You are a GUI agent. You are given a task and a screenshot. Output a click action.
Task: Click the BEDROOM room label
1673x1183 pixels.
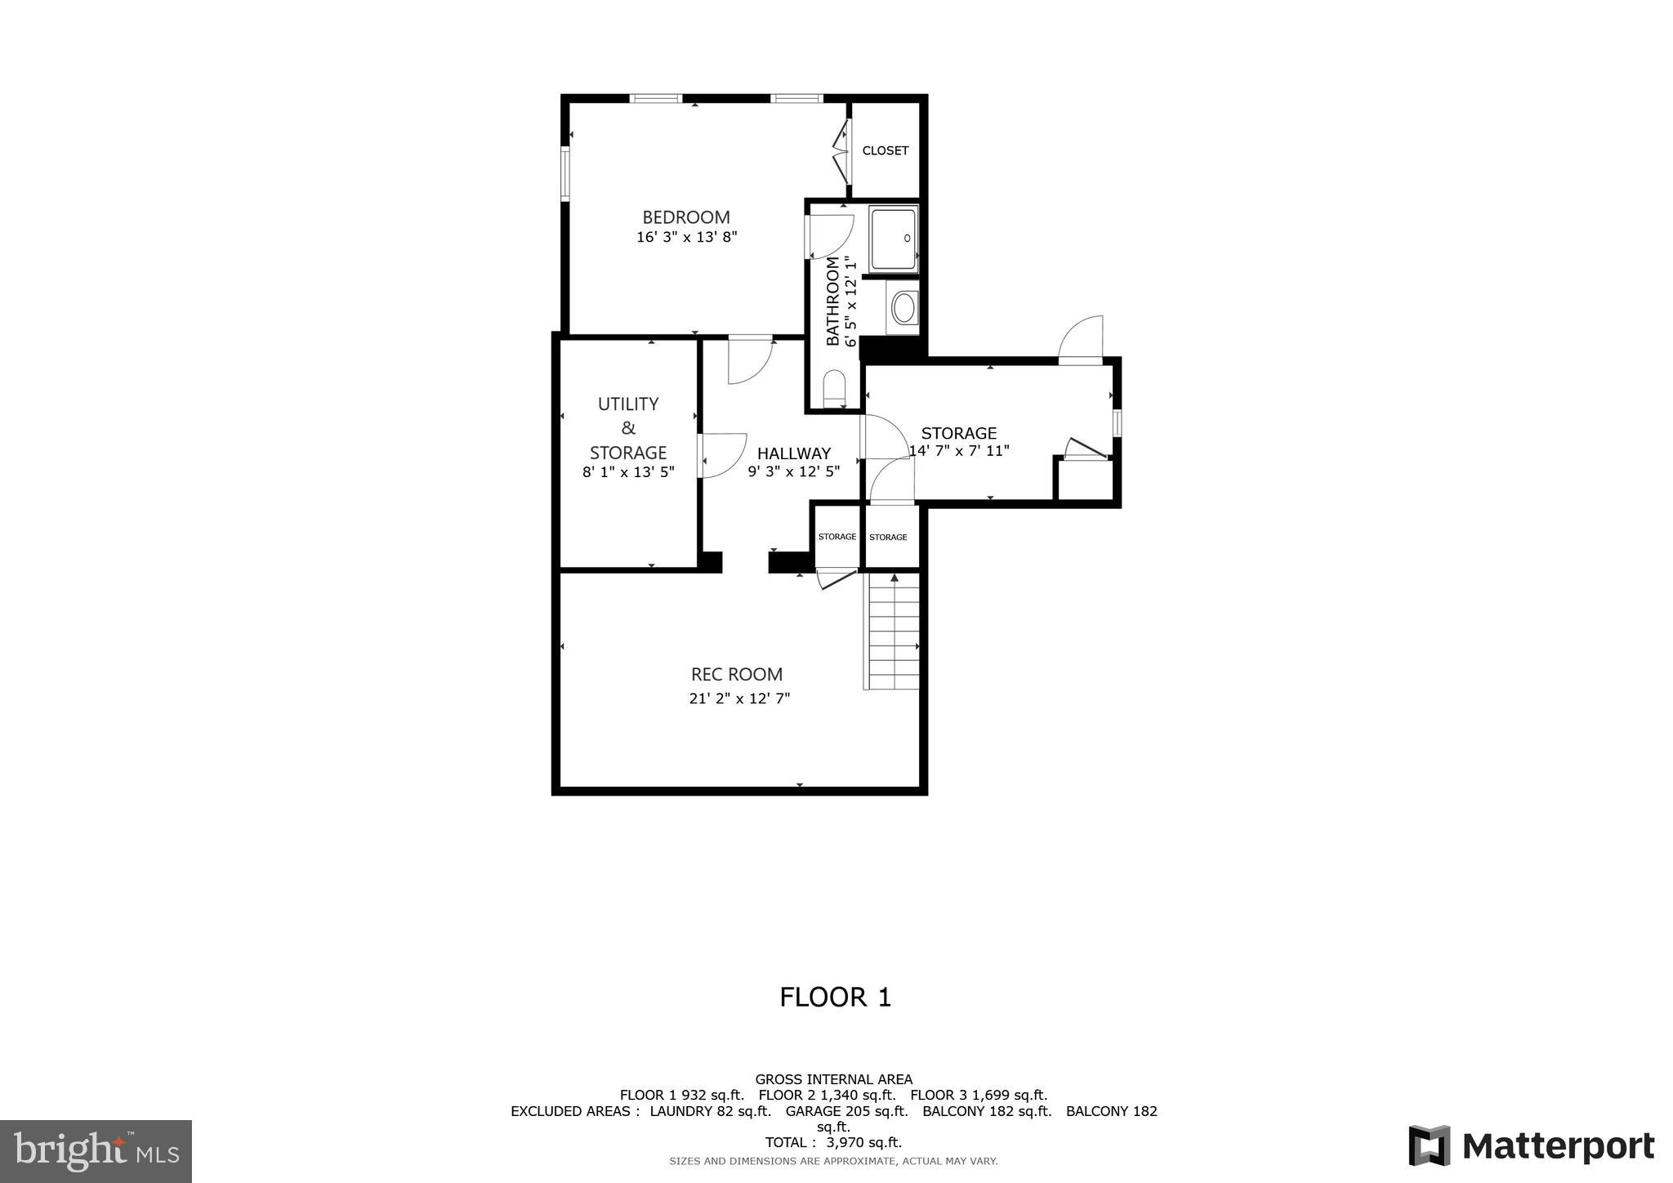685,217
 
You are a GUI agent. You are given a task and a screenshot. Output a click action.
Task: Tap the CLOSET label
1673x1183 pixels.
885,150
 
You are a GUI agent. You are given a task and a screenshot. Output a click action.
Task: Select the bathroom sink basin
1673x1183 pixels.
903,309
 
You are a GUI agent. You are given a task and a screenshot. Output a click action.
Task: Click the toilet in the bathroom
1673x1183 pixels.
834,388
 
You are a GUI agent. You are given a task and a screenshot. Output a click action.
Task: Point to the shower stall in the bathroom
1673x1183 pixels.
893,239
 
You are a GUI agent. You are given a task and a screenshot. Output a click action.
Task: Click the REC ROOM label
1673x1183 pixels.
736,674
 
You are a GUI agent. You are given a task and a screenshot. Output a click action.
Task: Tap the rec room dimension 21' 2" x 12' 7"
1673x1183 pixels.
739,699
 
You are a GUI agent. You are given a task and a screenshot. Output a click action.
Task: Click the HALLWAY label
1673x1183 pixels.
793,453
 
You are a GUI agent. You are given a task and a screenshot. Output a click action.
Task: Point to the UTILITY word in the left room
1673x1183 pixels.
627,404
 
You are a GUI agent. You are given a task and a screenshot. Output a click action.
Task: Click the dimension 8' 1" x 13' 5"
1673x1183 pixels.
627,471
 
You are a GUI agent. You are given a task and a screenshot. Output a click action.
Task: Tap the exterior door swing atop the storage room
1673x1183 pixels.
1082,339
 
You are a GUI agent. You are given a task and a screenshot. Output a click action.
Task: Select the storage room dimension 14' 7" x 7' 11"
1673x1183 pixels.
959,450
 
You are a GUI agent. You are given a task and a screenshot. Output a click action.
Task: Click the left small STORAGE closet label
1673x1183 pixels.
837,537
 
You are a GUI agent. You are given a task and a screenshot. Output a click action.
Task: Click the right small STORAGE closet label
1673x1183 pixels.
888,537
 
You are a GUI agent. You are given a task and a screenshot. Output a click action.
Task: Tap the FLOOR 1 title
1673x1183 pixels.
835,997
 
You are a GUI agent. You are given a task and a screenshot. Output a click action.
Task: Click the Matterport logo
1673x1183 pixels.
1532,1145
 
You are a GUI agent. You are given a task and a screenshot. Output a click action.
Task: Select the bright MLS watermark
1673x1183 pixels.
96,1151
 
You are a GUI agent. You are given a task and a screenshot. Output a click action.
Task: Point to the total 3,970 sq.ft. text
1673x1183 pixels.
833,1142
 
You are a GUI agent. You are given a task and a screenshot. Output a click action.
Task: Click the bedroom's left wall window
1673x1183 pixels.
564,173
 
